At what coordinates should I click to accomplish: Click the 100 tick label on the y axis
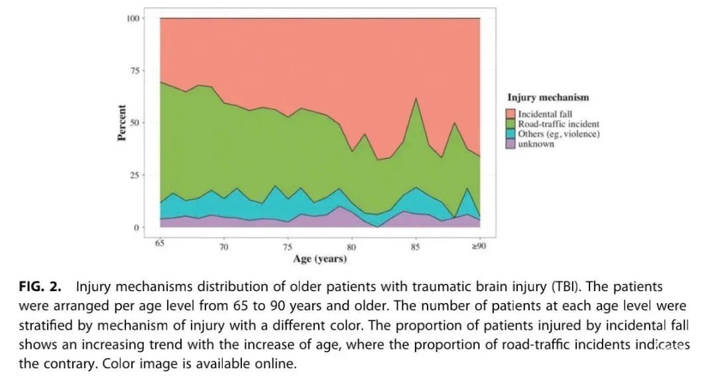coord(133,19)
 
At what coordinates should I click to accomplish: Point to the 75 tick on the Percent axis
coord(135,70)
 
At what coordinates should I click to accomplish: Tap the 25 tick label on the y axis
coord(135,175)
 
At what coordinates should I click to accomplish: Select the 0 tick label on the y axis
coord(137,227)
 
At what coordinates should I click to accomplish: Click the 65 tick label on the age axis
coord(160,243)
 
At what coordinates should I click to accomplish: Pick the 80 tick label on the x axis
coord(351,247)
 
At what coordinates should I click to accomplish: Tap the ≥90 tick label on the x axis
coord(479,246)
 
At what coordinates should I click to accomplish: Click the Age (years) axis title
coord(320,259)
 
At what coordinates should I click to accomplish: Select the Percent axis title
coord(121,123)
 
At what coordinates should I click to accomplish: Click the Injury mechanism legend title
coord(548,97)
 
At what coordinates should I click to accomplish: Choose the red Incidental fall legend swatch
coord(510,114)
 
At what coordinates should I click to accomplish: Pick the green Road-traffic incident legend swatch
coord(510,124)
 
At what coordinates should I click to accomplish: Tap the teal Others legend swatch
coord(510,134)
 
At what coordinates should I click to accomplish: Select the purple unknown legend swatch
coord(510,144)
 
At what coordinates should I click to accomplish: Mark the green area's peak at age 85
coord(416,99)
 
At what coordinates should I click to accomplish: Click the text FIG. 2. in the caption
coord(40,287)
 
